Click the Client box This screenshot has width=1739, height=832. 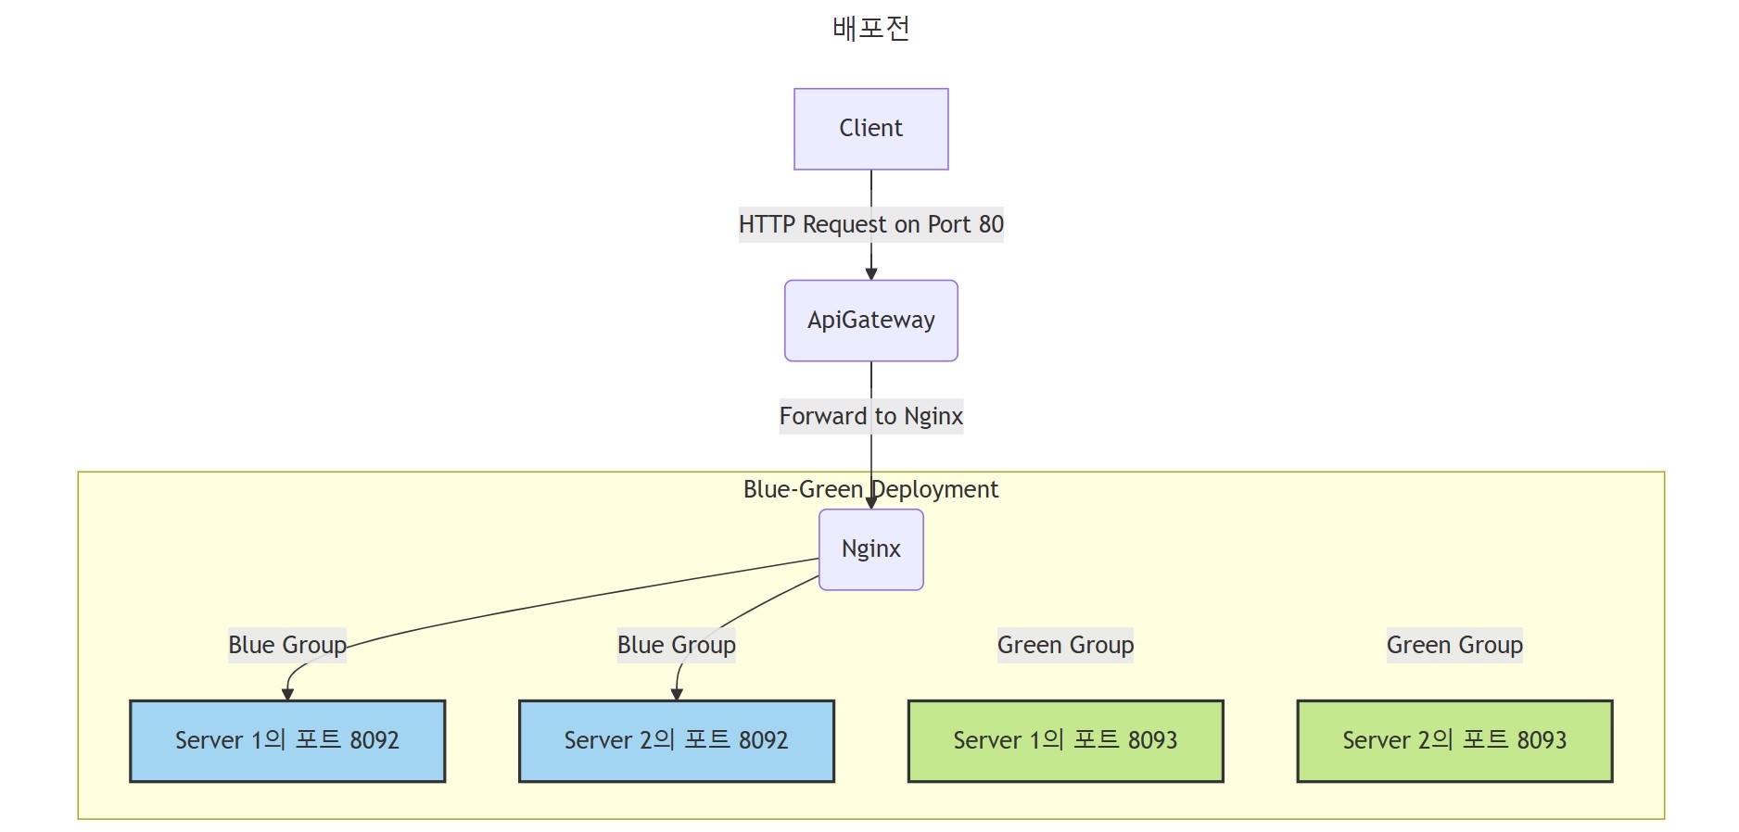(x=870, y=129)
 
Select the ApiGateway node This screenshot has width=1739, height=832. (x=870, y=321)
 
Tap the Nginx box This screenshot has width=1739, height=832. (x=870, y=549)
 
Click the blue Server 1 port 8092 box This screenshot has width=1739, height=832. (x=287, y=741)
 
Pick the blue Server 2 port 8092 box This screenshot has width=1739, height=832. (x=676, y=741)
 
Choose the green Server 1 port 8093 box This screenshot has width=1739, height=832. (x=1065, y=741)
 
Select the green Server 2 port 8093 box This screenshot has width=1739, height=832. (x=1454, y=741)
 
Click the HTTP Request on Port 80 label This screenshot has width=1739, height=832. (x=870, y=224)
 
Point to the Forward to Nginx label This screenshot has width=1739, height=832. (x=870, y=416)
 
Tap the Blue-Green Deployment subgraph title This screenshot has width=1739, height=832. (x=870, y=489)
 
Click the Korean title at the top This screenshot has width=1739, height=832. (x=870, y=28)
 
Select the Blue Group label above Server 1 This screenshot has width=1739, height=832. (x=287, y=645)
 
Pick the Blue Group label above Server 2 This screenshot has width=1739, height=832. (x=676, y=645)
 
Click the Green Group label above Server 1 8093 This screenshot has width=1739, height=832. (x=1065, y=645)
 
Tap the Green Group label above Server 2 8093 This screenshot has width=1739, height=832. (x=1454, y=645)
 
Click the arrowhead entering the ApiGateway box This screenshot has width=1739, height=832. (x=870, y=274)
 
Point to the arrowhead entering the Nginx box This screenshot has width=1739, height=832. (x=870, y=503)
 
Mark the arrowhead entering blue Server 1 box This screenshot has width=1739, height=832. (x=287, y=695)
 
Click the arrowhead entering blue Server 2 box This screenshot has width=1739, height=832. (x=676, y=695)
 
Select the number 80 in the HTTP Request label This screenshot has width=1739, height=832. (x=991, y=224)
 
